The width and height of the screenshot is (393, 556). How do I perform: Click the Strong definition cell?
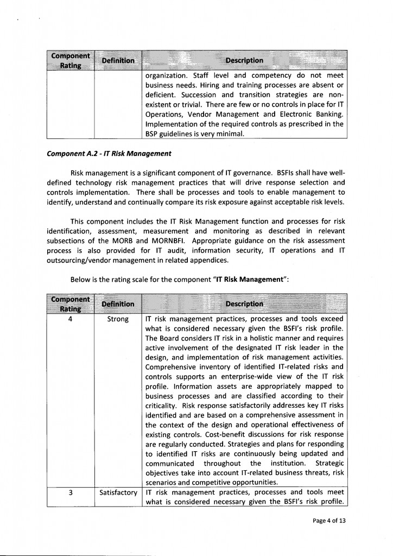118,319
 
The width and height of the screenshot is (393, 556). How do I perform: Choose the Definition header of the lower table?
118,304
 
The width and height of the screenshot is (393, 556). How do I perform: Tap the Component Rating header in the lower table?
71,304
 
